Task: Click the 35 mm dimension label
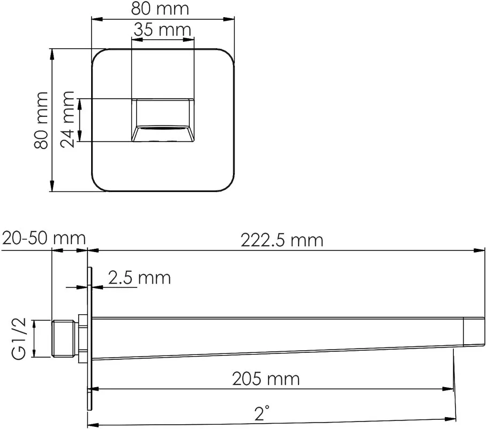pos(162,30)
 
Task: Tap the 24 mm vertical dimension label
pos(68,120)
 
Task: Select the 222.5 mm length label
pos(282,240)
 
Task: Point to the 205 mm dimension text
pos(266,379)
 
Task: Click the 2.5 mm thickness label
pos(139,278)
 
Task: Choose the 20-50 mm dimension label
pos(44,238)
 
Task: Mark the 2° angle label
pos(261,413)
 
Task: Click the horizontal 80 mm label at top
pos(160,9)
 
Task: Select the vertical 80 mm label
pos(41,120)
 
